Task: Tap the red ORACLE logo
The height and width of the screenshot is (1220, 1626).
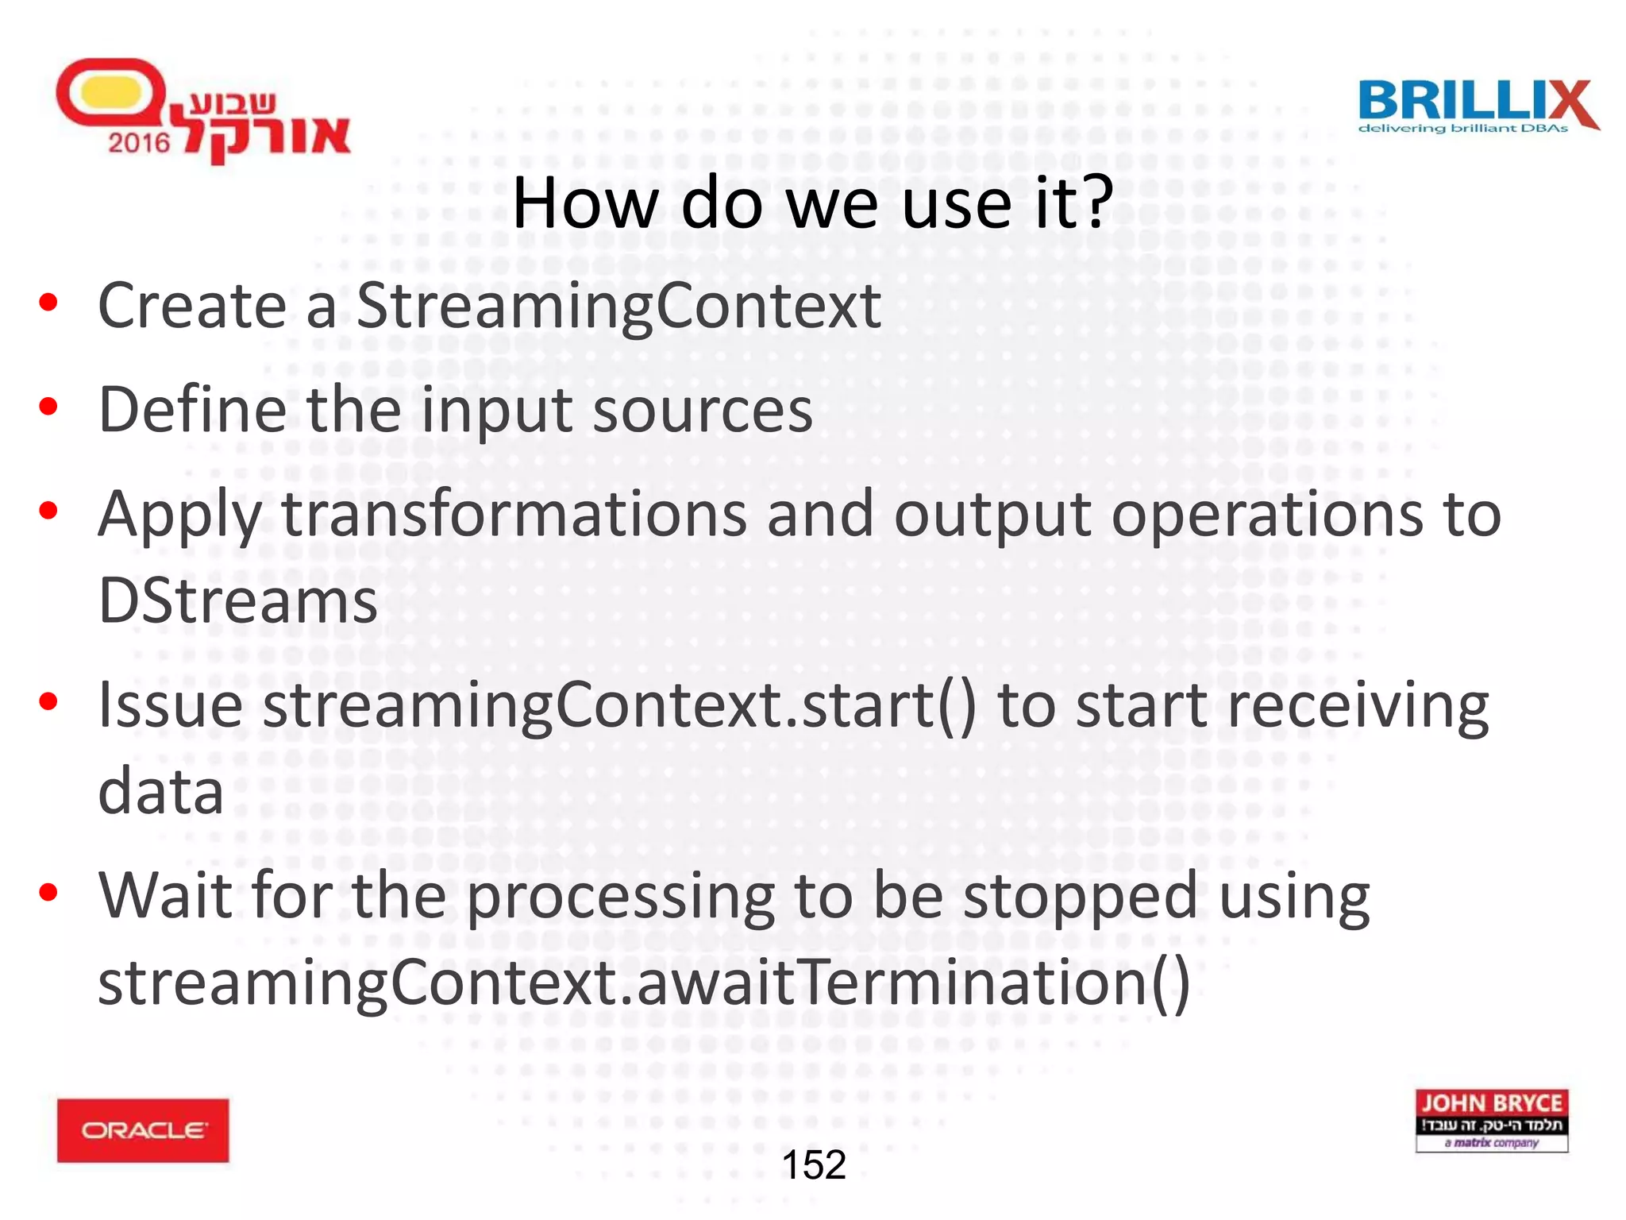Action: pos(143,1129)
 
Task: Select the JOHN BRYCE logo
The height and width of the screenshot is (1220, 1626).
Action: pos(1491,1120)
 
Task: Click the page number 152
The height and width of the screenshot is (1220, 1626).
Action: pos(814,1165)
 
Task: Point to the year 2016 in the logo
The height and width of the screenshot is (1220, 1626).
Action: pos(139,143)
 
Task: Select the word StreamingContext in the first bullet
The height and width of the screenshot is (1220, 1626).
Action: pos(618,307)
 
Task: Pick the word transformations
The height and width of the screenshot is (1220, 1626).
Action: pos(514,515)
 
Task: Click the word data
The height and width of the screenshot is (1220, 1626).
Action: pos(160,792)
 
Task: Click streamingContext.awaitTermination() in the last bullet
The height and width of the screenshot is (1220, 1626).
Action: pos(643,983)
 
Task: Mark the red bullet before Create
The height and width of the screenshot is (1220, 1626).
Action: pos(48,303)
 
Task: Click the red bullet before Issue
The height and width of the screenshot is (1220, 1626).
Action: pos(48,701)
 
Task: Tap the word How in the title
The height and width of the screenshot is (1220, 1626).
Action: pos(585,204)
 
